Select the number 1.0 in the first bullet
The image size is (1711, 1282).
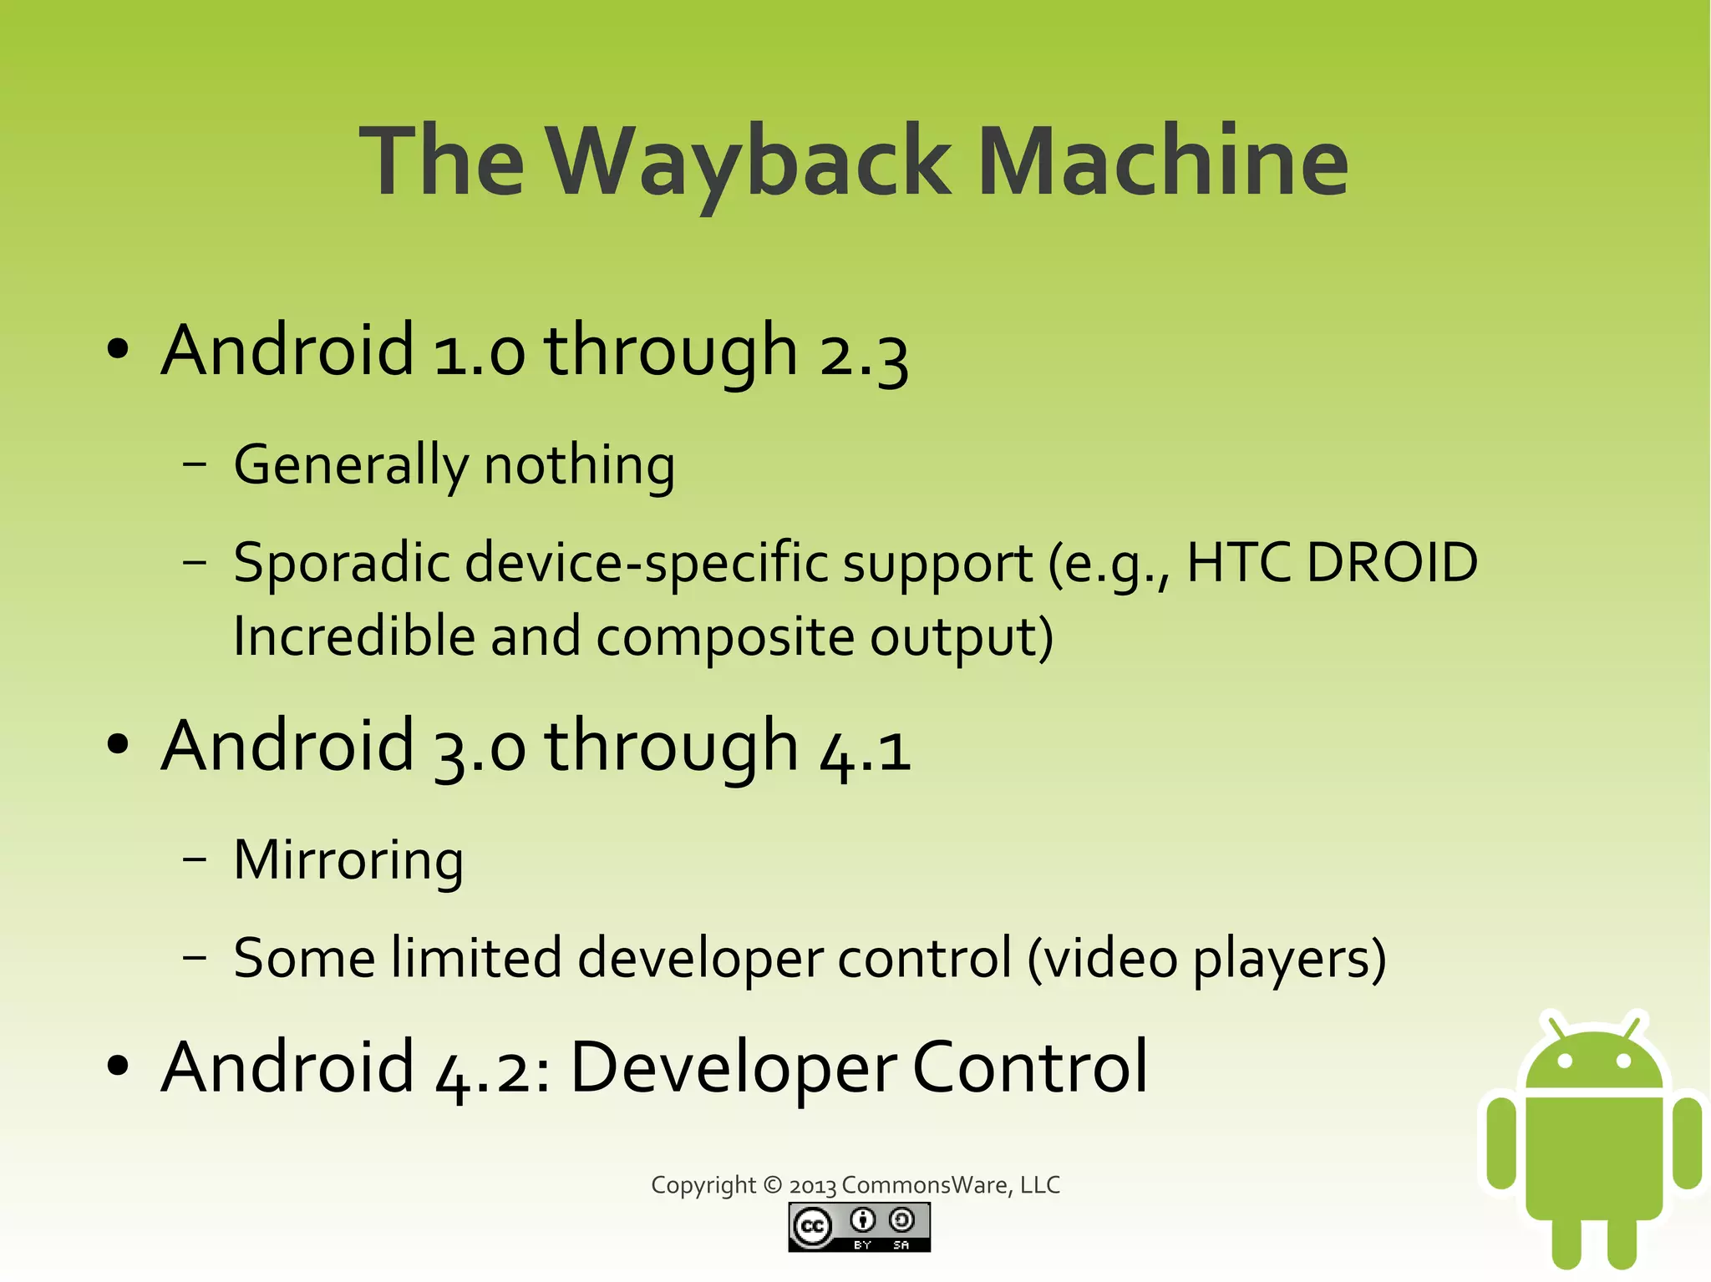[x=480, y=352]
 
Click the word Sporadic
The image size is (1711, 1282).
[x=341, y=563]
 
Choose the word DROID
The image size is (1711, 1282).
[x=1392, y=563]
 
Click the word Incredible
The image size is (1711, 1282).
[x=353, y=637]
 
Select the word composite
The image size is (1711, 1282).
[x=725, y=637]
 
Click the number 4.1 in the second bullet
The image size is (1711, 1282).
[x=866, y=748]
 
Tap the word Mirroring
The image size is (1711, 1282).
[x=348, y=860]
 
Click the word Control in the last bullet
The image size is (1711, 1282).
[x=1030, y=1068]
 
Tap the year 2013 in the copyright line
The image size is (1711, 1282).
[x=813, y=1186]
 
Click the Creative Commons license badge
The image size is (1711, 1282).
[x=859, y=1227]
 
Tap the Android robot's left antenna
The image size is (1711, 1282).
[x=1555, y=1025]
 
